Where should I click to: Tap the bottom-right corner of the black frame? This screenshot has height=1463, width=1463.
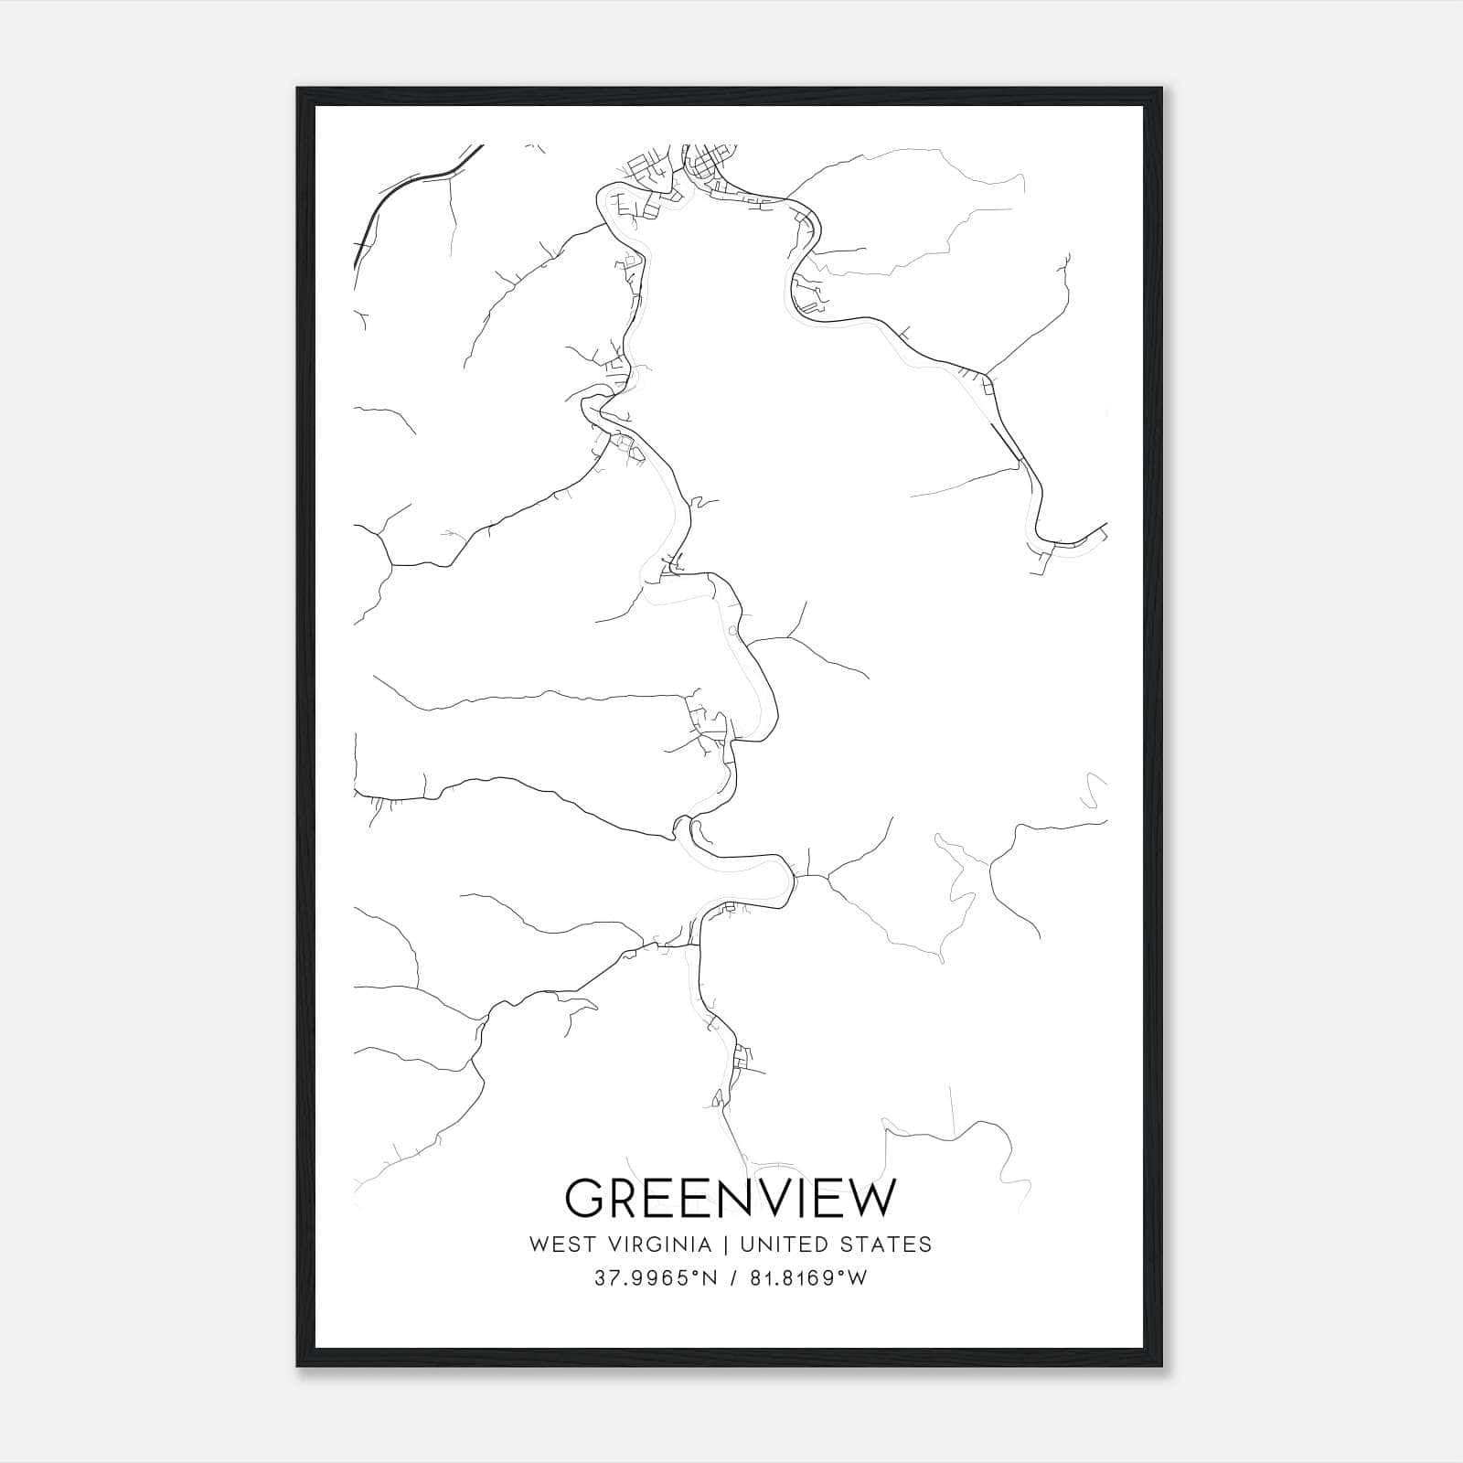pyautogui.click(x=1163, y=1366)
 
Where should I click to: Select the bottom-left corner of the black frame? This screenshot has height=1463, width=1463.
pyautogui.click(x=298, y=1366)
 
